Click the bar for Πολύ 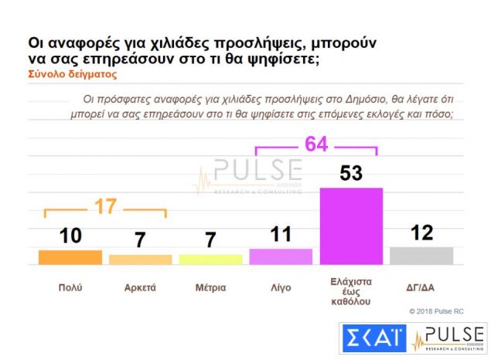pos(70,257)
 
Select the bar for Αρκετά pos(140,260)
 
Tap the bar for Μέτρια pos(210,260)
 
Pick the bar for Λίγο pos(281,256)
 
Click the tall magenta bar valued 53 pos(351,226)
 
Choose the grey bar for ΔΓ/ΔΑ pos(421,256)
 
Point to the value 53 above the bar pos(351,173)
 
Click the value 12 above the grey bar pos(421,233)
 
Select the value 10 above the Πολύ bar pos(70,236)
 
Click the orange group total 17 pos(107,207)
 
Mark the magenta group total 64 pos(316,144)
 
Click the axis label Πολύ pos(70,287)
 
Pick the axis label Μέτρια pos(210,287)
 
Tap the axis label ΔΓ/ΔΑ pos(421,287)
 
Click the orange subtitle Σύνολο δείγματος pos(72,75)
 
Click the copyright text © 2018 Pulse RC pos(438,311)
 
